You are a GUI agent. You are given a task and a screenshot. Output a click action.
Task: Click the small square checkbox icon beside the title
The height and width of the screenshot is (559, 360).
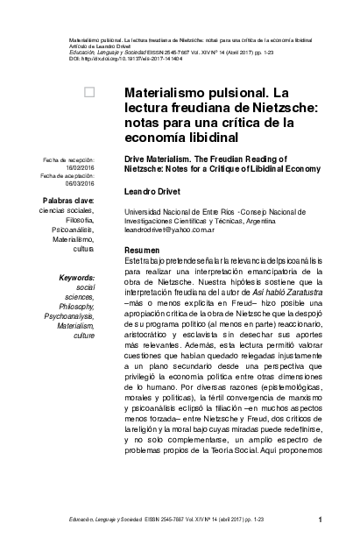click(88, 91)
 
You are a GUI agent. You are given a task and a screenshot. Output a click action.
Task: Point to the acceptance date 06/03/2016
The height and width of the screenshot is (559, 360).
click(77, 183)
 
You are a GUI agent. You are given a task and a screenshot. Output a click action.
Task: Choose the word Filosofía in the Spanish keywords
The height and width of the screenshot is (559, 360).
click(76, 220)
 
